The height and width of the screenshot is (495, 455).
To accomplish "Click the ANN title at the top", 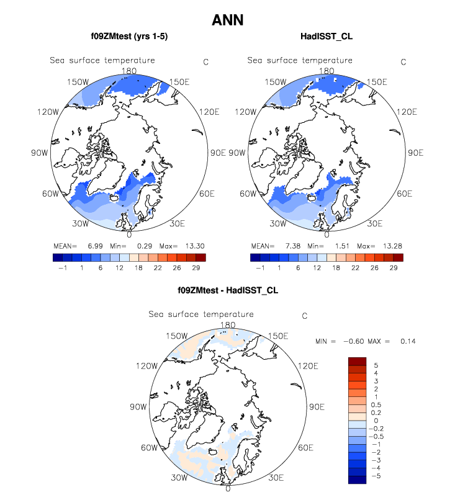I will (227, 20).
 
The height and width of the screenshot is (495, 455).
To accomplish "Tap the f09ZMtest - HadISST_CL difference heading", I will (228, 291).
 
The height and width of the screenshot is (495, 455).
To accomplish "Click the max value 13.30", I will (191, 246).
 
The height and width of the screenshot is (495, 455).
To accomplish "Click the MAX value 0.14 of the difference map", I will (408, 341).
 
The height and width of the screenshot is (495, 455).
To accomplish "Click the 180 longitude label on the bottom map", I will (228, 325).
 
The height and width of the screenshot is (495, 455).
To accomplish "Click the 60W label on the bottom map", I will (147, 448).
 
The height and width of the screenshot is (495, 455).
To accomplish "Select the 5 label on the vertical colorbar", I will (375, 365).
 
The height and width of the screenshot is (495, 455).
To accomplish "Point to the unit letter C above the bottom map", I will (304, 316).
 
